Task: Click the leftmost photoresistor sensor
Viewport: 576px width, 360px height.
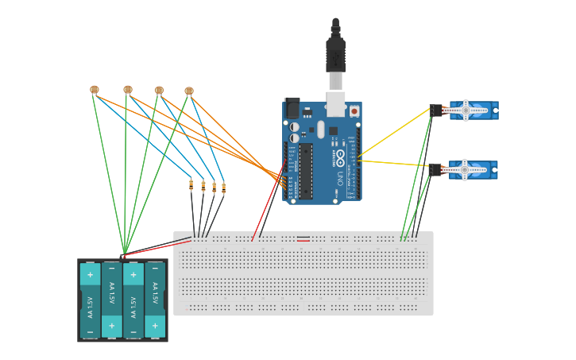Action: [95, 90]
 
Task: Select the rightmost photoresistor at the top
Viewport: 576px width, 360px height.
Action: [189, 91]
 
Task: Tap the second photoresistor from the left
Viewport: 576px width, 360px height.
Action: [128, 90]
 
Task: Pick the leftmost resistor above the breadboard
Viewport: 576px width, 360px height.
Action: [191, 185]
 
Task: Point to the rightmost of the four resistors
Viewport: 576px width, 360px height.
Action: [223, 188]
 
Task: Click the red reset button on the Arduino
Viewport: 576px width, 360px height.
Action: [354, 111]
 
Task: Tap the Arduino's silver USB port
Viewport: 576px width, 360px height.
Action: [335, 104]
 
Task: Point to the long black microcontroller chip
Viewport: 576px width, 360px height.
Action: [306, 171]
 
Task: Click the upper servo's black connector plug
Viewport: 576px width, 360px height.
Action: [436, 110]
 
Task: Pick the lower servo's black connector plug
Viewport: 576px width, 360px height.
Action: [435, 169]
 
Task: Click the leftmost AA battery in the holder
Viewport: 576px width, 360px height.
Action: [90, 300]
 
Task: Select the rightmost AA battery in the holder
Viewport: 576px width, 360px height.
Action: [155, 300]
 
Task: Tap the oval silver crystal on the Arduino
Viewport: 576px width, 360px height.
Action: [321, 130]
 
